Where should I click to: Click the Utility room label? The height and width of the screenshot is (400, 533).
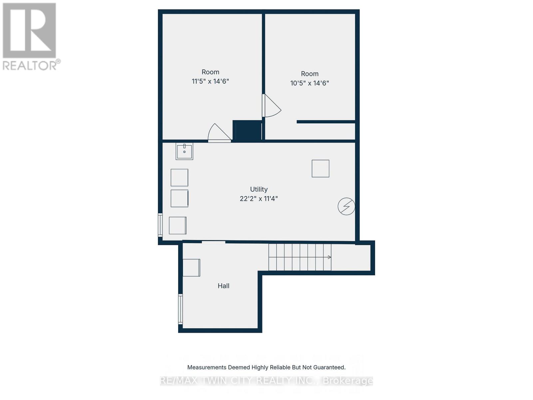(x=259, y=189)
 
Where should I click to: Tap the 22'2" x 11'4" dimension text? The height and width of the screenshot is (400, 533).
(x=259, y=199)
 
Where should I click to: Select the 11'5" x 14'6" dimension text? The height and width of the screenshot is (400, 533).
(x=210, y=81)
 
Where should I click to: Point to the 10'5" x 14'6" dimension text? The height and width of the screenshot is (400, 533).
(x=309, y=83)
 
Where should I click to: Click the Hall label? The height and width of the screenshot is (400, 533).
(x=223, y=286)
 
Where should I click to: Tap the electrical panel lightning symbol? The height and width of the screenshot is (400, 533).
(x=346, y=206)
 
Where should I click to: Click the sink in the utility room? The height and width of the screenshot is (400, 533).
(x=184, y=151)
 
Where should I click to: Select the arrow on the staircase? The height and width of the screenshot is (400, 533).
(x=329, y=257)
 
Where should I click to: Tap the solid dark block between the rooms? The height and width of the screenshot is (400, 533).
(x=247, y=131)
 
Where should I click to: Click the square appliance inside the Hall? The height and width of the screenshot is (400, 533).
(x=192, y=268)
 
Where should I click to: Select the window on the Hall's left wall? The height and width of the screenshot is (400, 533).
(x=181, y=309)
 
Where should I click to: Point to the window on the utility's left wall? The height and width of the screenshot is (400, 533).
(x=160, y=225)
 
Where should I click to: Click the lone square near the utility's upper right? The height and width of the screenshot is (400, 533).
(x=320, y=168)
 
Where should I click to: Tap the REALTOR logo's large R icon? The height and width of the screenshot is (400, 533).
(x=29, y=30)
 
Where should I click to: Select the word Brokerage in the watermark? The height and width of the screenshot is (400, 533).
(x=348, y=381)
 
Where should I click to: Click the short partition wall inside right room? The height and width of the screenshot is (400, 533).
(x=325, y=122)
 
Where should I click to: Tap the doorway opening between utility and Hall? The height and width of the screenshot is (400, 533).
(x=214, y=242)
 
